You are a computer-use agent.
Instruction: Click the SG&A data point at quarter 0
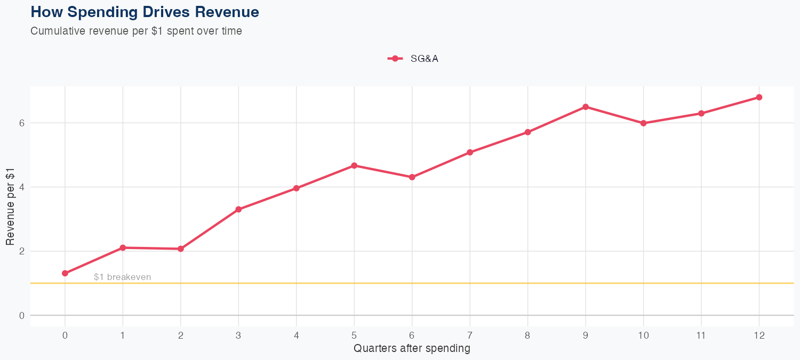tap(65, 273)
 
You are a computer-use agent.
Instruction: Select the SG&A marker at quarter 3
tap(238, 209)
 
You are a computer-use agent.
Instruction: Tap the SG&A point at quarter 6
tap(412, 177)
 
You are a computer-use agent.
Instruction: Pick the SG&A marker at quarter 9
tap(586, 107)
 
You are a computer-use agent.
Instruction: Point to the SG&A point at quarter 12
tap(759, 97)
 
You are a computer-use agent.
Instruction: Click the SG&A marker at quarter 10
tap(643, 123)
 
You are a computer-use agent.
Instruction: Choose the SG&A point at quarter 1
tap(123, 247)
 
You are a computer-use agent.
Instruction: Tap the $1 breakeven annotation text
tap(122, 277)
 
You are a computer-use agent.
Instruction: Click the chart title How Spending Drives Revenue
tap(145, 12)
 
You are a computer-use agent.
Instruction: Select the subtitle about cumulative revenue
tap(136, 31)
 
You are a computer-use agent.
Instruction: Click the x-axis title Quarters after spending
tap(412, 349)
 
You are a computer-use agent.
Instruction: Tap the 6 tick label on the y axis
tap(21, 123)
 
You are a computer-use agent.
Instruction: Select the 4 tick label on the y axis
tap(21, 187)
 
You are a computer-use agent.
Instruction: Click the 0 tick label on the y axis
tap(21, 315)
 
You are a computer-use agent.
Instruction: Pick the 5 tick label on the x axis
tap(354, 335)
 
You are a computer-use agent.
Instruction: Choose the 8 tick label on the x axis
tap(527, 335)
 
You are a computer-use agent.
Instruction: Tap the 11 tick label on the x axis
tap(701, 335)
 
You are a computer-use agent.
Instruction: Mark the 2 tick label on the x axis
tap(181, 335)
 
